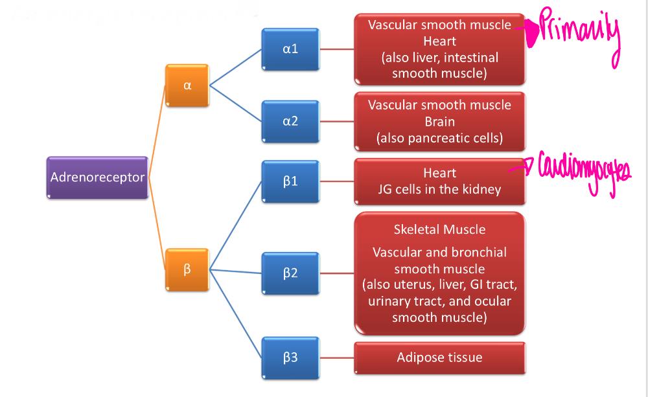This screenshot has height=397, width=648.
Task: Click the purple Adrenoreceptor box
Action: click(x=97, y=177)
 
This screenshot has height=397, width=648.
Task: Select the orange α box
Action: click(x=187, y=86)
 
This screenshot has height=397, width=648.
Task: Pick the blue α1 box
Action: click(x=290, y=49)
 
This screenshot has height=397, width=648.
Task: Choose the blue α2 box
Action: click(x=290, y=121)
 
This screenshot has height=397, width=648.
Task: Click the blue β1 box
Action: click(x=290, y=181)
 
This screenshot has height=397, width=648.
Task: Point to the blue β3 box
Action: click(x=290, y=357)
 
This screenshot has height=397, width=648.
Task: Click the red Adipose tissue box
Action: click(x=439, y=357)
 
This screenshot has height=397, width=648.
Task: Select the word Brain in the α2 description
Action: click(x=439, y=122)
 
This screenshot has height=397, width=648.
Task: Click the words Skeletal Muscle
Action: click(x=439, y=229)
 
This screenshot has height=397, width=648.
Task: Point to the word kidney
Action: click(x=480, y=190)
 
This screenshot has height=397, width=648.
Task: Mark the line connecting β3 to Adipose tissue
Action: click(x=336, y=357)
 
